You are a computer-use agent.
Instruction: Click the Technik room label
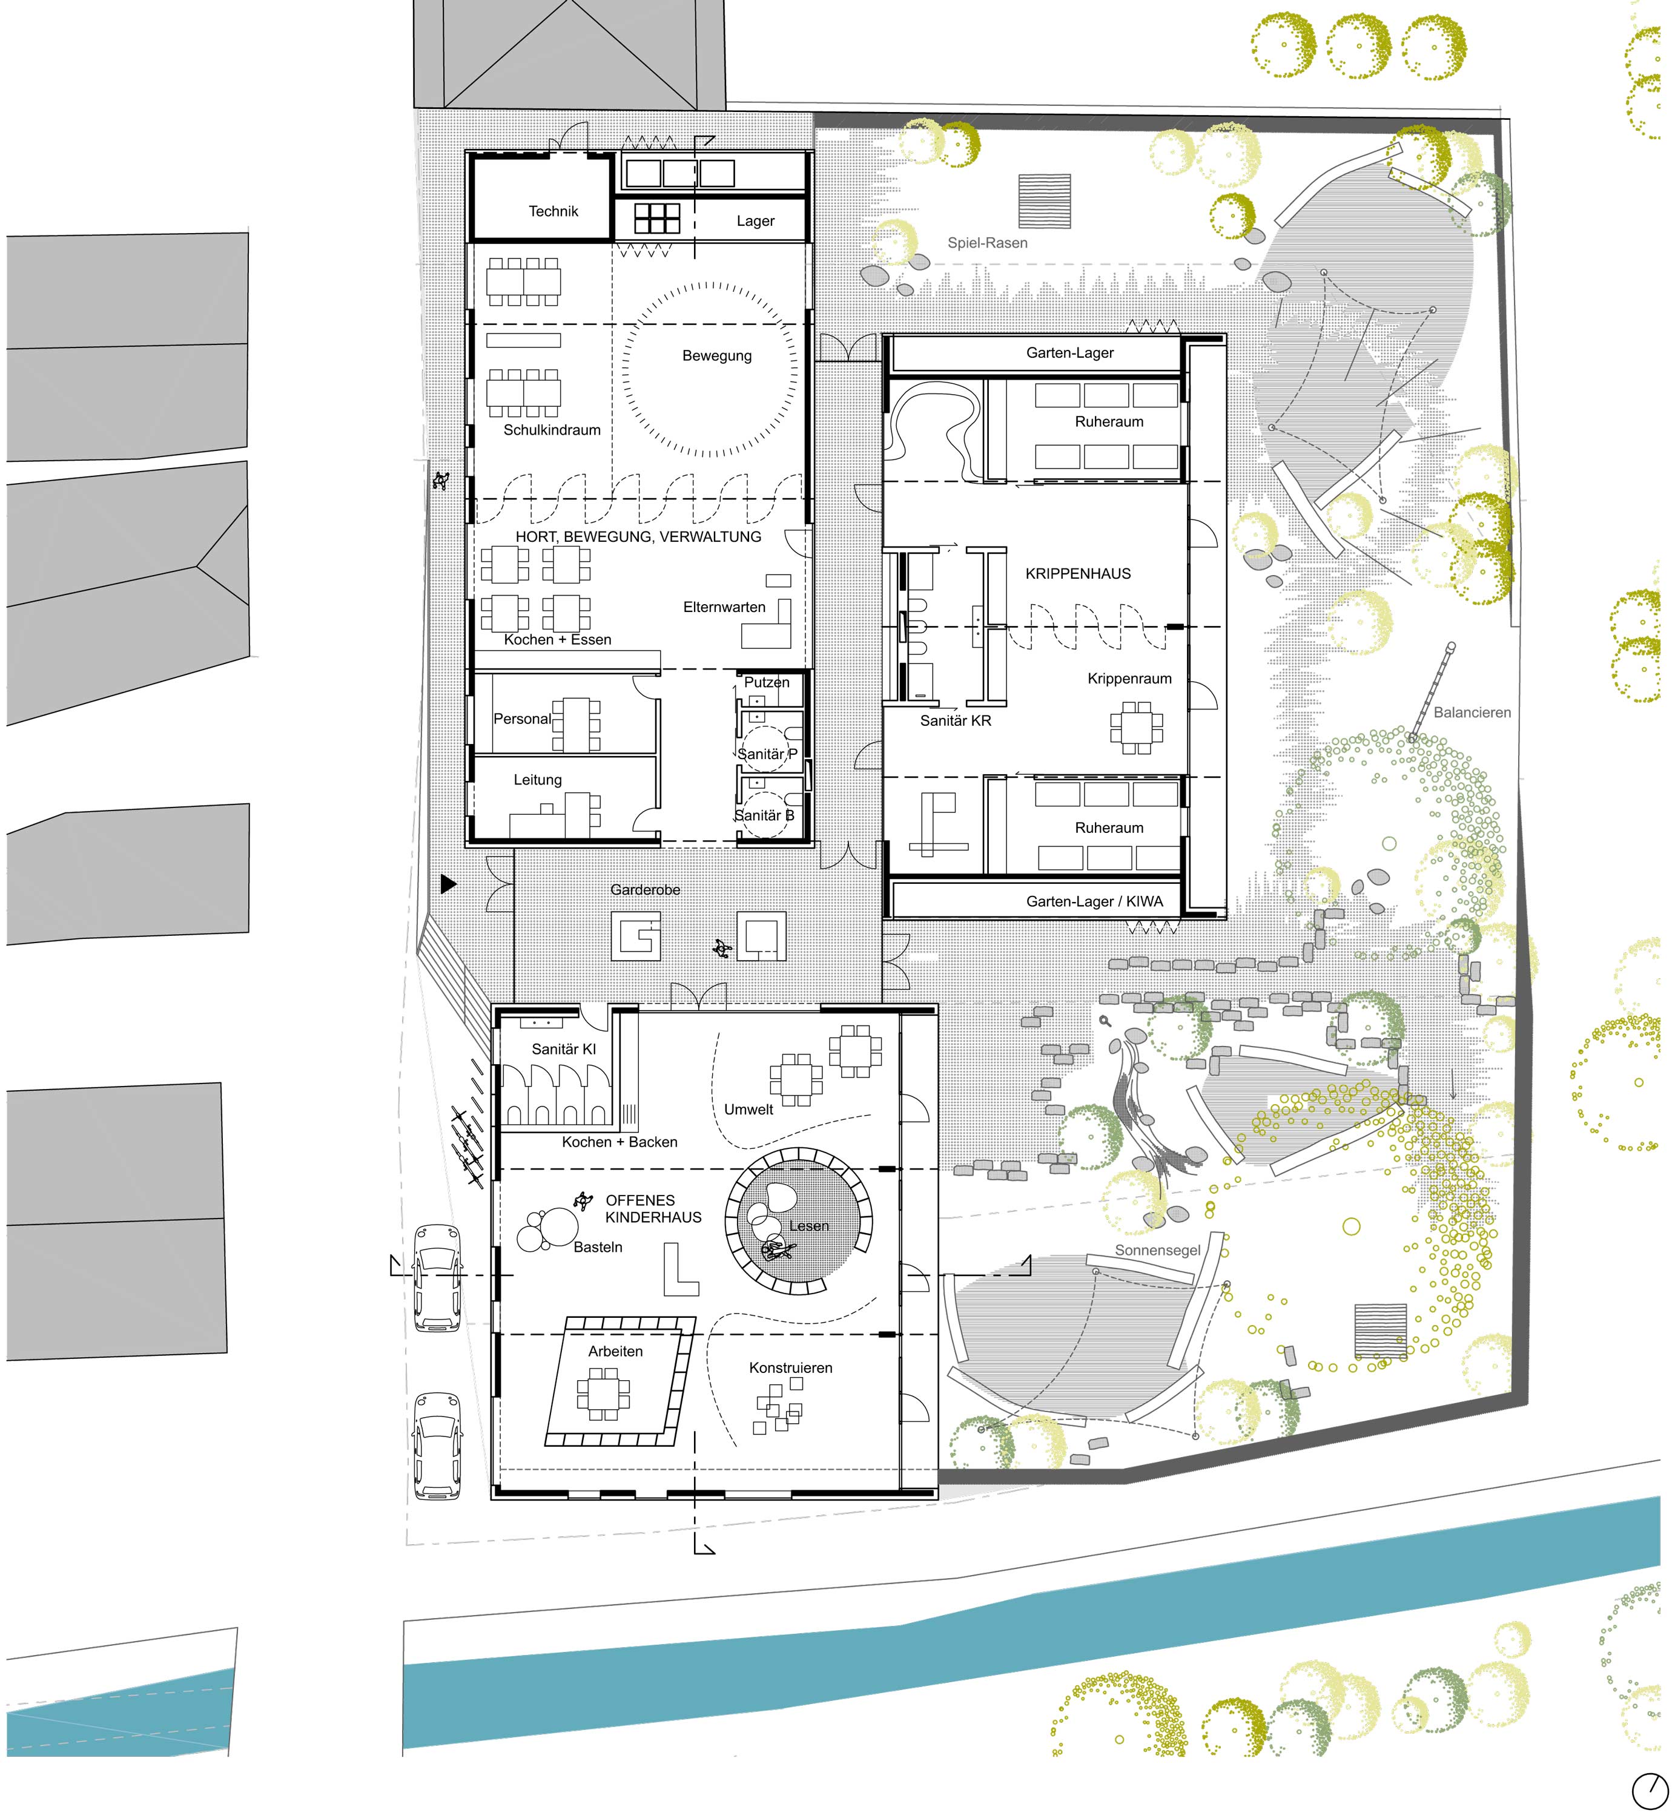pos(553,211)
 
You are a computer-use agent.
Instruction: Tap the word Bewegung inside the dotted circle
pos(717,356)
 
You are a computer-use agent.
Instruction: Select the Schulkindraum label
pos(552,430)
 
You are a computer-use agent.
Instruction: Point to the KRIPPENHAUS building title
pos(1078,574)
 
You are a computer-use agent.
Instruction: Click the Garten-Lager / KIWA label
pos(1094,902)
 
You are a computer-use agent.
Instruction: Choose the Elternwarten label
pos(724,607)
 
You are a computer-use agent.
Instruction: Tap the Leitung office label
pos(538,780)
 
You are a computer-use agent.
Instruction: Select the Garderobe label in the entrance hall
pos(646,890)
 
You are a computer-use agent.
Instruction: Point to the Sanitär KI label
pos(564,1050)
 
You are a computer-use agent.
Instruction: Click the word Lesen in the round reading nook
pos(808,1226)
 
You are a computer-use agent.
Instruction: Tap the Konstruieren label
pos(790,1368)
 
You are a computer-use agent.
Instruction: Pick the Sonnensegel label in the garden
pos(1157,1251)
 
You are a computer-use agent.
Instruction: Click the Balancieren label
pos(1472,713)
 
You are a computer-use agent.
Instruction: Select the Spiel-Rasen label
pos(987,243)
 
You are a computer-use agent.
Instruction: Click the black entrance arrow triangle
pos(448,884)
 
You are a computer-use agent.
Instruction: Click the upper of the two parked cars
pos(437,1278)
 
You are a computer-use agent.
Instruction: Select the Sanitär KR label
pos(956,722)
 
